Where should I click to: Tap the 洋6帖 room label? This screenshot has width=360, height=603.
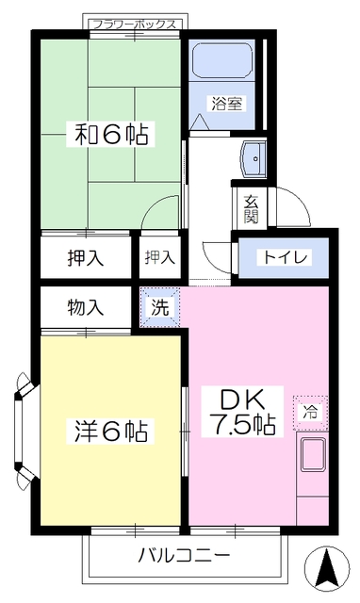pyautogui.click(x=111, y=432)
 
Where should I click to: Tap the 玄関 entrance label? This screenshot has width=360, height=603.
pyautogui.click(x=252, y=208)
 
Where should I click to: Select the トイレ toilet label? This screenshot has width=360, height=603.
pyautogui.click(x=283, y=256)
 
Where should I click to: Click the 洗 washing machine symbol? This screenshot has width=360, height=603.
pyautogui.click(x=159, y=306)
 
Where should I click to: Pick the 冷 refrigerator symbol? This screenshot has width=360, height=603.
pyautogui.click(x=310, y=411)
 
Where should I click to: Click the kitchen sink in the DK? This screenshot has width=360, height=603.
pyautogui.click(x=312, y=457)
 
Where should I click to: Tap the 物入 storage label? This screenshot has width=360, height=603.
pyautogui.click(x=86, y=306)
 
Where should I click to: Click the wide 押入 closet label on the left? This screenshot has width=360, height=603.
pyautogui.click(x=86, y=256)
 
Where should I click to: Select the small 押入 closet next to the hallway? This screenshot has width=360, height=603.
pyautogui.click(x=158, y=256)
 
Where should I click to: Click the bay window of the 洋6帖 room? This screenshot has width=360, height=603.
pyautogui.click(x=24, y=430)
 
